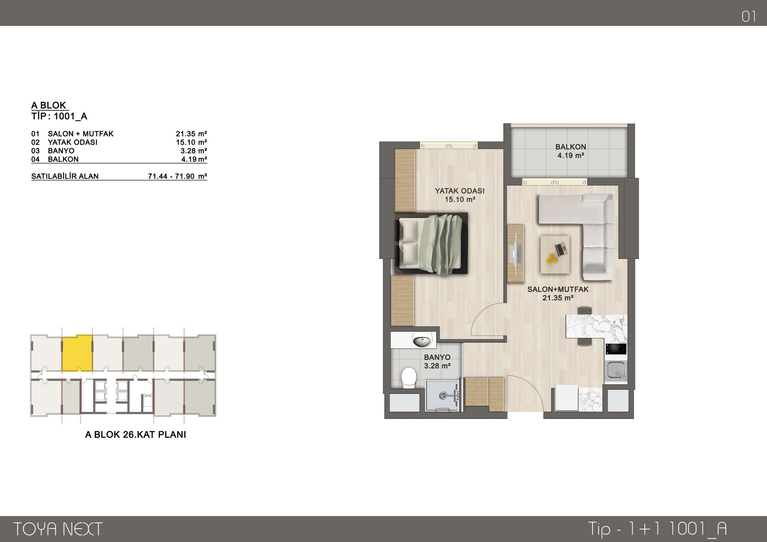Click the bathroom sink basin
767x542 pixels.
(x=422, y=342)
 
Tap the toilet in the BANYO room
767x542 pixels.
(x=409, y=378)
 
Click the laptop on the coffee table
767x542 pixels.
(x=561, y=249)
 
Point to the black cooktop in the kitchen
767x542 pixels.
(x=616, y=349)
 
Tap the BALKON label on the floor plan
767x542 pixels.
(x=570, y=147)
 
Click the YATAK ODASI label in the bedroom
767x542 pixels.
(x=460, y=191)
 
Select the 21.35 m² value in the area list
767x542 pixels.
(x=191, y=134)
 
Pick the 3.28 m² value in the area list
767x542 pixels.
(x=194, y=151)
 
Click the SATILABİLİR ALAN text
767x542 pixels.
(x=65, y=176)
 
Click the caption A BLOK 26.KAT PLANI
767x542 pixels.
(x=136, y=434)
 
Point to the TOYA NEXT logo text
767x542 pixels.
(x=58, y=529)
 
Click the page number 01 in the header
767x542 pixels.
(x=749, y=16)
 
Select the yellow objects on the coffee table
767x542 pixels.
(x=551, y=259)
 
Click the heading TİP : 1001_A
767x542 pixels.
(x=59, y=116)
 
